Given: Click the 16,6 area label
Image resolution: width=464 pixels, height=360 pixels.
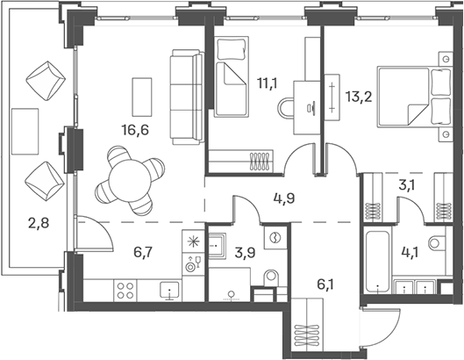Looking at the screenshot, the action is [135, 130].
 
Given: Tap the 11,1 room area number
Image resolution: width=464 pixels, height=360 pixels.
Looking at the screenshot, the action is [268, 83].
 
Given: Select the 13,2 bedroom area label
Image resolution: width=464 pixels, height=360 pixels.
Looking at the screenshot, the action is [359, 97].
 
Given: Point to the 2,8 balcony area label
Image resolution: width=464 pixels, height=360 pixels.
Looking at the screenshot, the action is [39, 223].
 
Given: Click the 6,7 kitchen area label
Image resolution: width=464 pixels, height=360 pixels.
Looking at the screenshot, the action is [143, 252].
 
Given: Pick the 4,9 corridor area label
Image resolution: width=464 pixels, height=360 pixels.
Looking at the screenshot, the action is [284, 198].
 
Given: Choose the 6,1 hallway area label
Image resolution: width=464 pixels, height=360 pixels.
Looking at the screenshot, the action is [325, 284].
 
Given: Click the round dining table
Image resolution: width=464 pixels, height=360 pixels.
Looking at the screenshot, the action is [130, 181].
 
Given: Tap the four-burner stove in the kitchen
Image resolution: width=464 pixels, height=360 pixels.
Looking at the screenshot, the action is [125, 291].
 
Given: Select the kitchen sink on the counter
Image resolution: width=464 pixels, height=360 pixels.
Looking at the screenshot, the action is [169, 290].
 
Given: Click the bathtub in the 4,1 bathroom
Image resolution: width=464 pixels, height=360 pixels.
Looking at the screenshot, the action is [377, 261].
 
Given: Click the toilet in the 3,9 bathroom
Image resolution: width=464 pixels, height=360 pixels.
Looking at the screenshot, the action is [271, 277].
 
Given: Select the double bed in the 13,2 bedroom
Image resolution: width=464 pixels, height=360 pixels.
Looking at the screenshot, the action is [414, 97].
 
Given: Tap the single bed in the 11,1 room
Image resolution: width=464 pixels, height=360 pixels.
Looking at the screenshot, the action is [232, 76].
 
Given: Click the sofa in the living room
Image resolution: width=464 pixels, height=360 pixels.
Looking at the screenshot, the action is [187, 97].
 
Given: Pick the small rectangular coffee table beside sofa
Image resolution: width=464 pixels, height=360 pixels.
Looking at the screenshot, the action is [142, 97].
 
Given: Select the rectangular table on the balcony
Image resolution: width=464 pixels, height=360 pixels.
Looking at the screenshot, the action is [25, 131].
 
